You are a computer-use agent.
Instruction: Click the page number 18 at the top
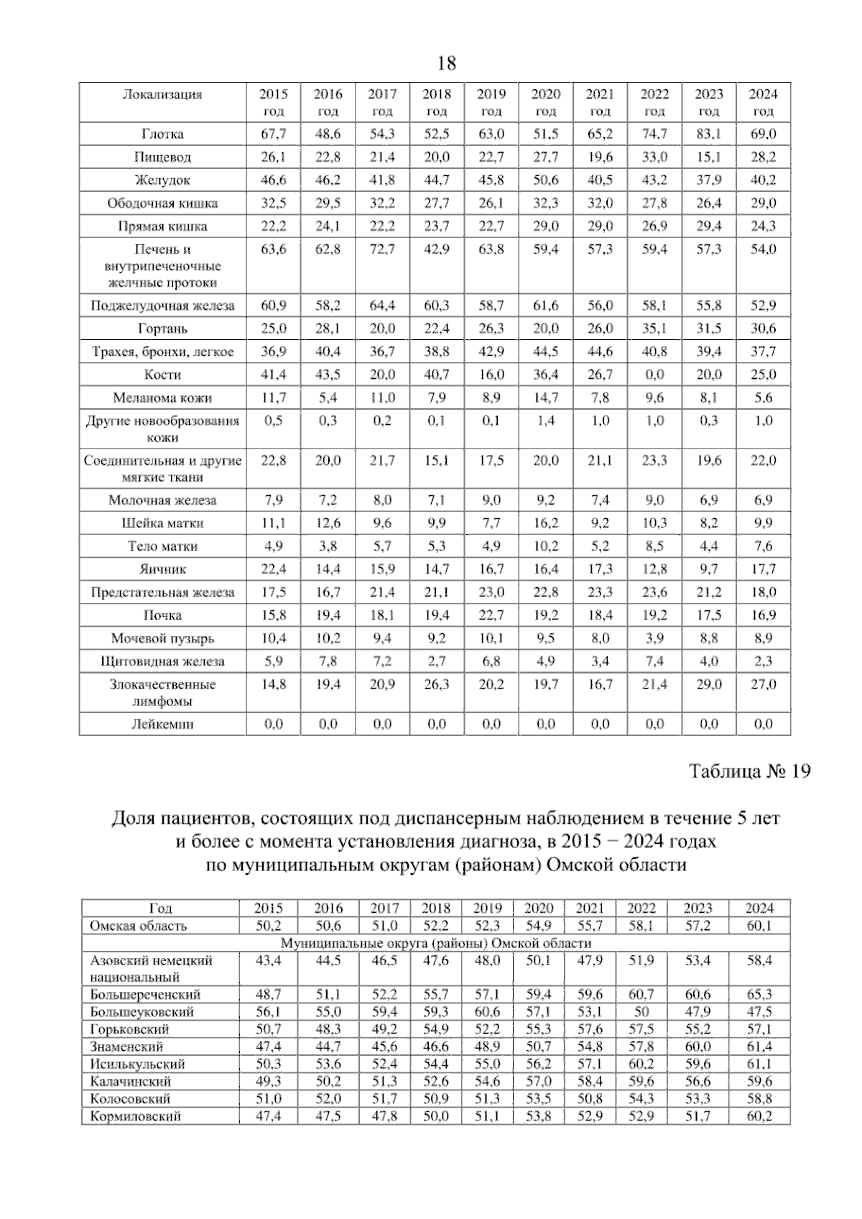click(x=446, y=64)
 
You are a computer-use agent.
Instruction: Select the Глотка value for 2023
click(x=708, y=134)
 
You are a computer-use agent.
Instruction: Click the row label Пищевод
click(x=162, y=157)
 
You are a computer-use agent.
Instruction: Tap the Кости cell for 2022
click(x=654, y=374)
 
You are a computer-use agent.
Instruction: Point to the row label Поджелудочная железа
click(x=162, y=305)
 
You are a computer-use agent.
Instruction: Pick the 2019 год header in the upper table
click(x=491, y=102)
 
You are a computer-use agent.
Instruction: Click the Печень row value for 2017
click(x=382, y=249)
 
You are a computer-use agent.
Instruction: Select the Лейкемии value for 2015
click(x=273, y=724)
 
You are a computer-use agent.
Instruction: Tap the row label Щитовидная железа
click(x=162, y=661)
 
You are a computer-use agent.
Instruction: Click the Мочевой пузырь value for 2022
click(x=654, y=638)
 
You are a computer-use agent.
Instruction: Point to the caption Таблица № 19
click(x=749, y=772)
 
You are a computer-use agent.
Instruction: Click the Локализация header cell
click(x=162, y=94)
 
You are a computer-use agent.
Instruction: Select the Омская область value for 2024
click(x=759, y=926)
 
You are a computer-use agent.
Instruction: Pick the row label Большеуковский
click(x=142, y=1012)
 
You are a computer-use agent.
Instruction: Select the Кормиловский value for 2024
click(x=759, y=1116)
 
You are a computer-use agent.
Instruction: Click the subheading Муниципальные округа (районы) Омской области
click(x=435, y=943)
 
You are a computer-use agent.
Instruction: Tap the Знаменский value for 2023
click(x=698, y=1046)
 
